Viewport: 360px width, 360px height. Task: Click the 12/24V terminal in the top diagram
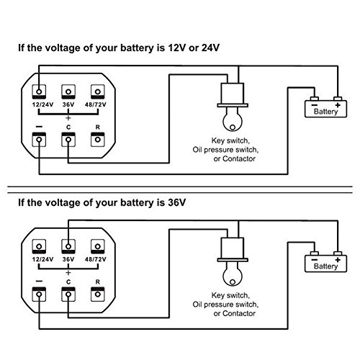38,91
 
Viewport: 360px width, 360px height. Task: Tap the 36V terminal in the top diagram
68,91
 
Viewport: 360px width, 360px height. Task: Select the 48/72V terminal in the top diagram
96,91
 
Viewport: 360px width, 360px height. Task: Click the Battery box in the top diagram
321,109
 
